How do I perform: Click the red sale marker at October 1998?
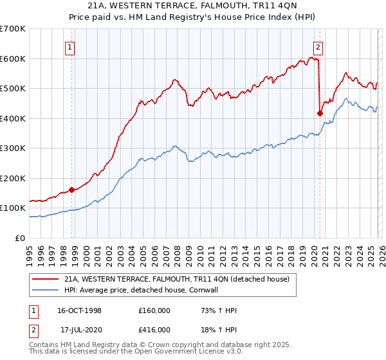point(72,190)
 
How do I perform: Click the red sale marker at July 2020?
point(320,113)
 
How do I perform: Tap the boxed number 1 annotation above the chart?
point(69,46)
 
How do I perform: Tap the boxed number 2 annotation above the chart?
point(318,46)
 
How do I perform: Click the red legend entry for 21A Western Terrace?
point(177,279)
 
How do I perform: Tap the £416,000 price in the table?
point(154,328)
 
